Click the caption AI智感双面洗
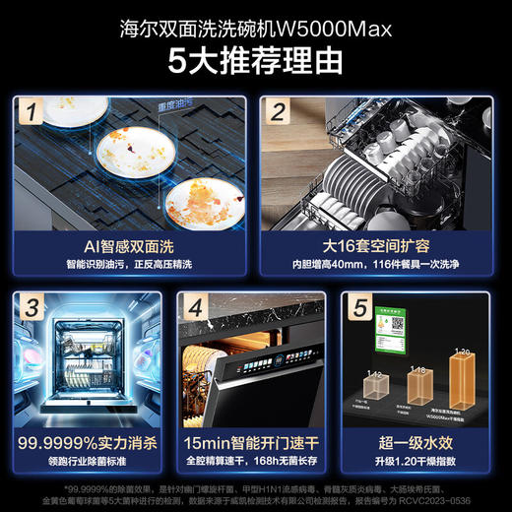[x=128, y=245]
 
